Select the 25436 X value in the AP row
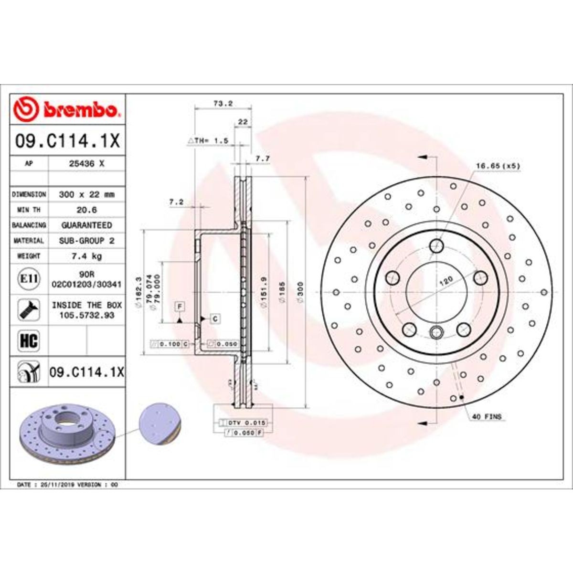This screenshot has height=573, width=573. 86,163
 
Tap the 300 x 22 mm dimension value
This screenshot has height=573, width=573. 86,194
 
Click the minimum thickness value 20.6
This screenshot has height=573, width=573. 86,210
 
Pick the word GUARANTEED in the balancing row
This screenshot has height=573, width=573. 86,225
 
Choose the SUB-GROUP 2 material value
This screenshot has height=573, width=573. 86,241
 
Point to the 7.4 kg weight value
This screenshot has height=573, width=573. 86,256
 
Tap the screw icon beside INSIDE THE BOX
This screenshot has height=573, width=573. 29,310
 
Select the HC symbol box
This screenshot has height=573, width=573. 29,340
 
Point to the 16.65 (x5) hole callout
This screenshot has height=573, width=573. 497,166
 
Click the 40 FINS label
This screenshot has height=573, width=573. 487,417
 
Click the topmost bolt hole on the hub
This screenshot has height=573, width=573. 436,246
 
